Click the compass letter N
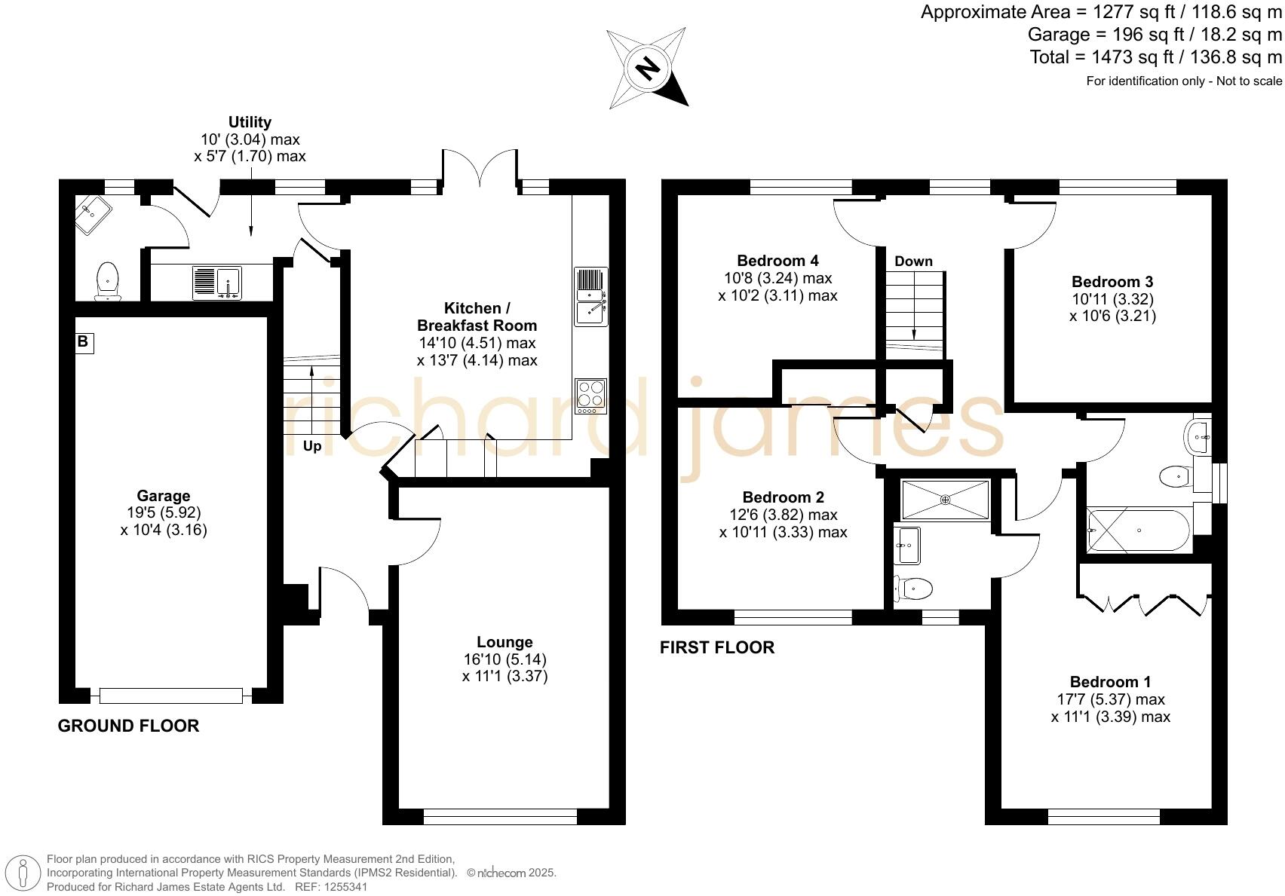pyautogui.click(x=649, y=69)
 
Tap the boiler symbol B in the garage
pyautogui.click(x=84, y=342)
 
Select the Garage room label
pyautogui.click(x=164, y=496)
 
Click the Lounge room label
pyautogui.click(x=504, y=642)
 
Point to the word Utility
pyautogui.click(x=250, y=122)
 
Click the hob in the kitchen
pyautogui.click(x=591, y=396)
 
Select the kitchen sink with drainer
pyautogui.click(x=591, y=296)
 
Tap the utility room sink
pyautogui.click(x=217, y=283)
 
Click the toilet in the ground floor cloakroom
pyautogui.click(x=107, y=282)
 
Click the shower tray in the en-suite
pyautogui.click(x=946, y=500)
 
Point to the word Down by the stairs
pyautogui.click(x=914, y=261)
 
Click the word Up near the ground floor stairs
pyautogui.click(x=312, y=446)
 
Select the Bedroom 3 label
pyautogui.click(x=1112, y=282)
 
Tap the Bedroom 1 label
pyautogui.click(x=1111, y=682)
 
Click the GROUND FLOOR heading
pyautogui.click(x=128, y=726)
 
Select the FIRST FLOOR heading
pyautogui.click(x=717, y=647)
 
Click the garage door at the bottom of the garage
pyautogui.click(x=171, y=696)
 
